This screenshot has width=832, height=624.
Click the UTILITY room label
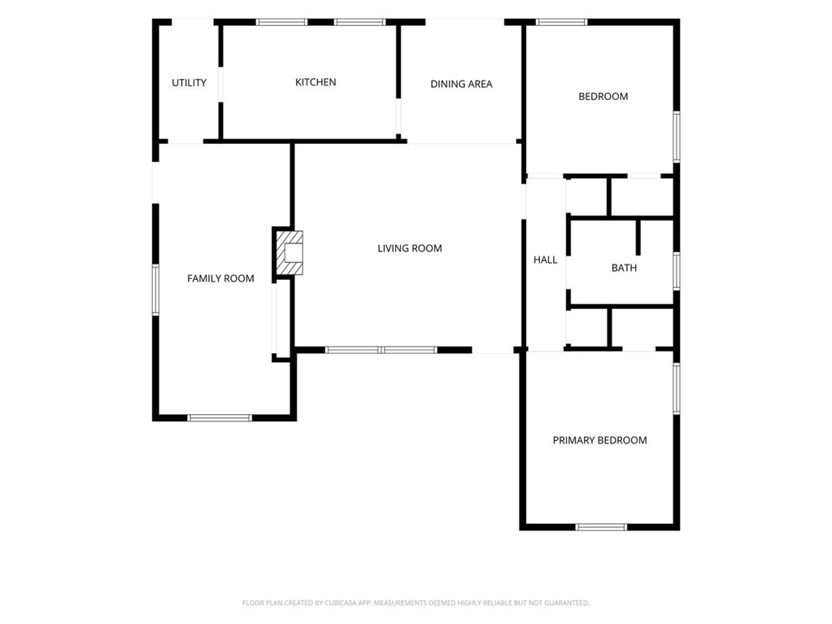(189, 83)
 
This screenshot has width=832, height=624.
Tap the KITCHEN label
(316, 81)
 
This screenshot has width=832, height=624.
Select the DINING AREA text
(461, 84)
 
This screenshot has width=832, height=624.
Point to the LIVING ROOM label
(410, 248)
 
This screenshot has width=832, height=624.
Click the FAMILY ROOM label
(220, 278)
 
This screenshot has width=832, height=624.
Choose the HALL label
(546, 260)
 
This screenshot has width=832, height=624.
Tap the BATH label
(624, 268)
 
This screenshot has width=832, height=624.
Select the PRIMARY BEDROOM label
(599, 440)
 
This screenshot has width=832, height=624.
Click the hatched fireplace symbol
(290, 253)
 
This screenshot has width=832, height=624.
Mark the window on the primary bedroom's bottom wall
(601, 527)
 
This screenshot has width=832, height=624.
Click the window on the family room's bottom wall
(220, 417)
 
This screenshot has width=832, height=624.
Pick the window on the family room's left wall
(155, 290)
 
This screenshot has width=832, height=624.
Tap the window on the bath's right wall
(677, 271)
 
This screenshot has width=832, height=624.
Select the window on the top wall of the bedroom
(562, 22)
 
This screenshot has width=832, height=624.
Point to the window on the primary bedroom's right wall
(677, 388)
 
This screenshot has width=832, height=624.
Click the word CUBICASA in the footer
(340, 603)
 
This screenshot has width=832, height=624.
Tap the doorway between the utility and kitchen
(220, 85)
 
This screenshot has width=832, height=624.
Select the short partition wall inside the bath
(638, 238)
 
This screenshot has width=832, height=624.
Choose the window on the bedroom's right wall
(677, 136)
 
